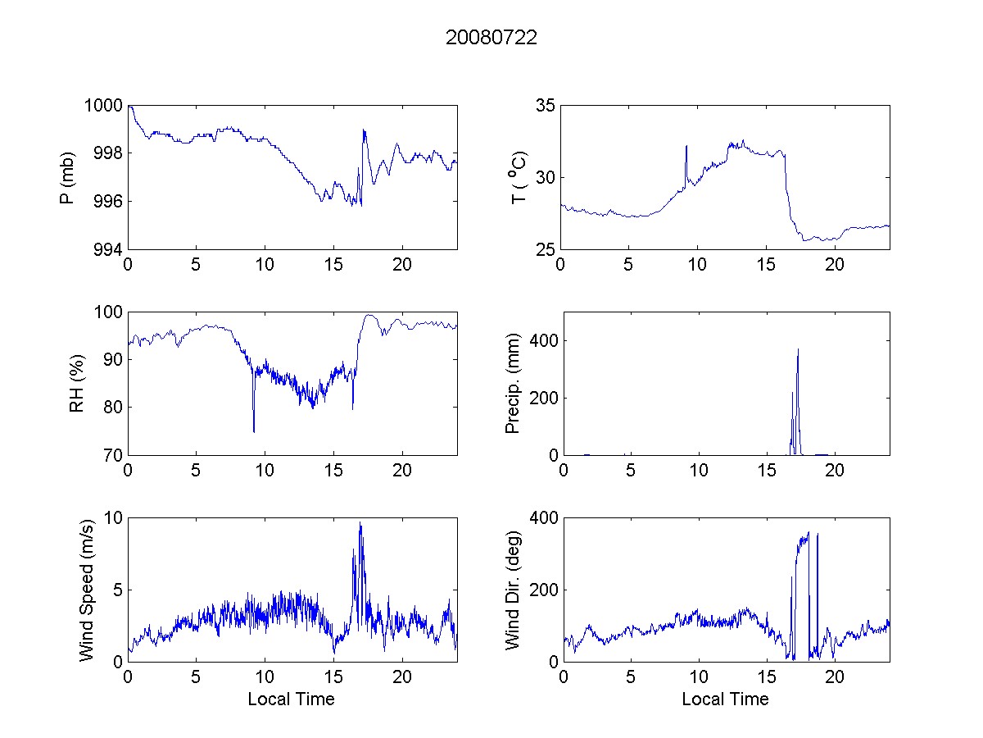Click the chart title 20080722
(491, 38)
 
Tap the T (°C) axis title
(519, 177)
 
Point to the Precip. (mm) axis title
(513, 383)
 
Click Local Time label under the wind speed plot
(291, 699)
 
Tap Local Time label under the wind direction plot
(725, 699)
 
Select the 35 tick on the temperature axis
(546, 106)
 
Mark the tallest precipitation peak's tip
(798, 349)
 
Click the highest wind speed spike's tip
(360, 523)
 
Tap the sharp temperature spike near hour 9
(686, 146)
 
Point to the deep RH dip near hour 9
(254, 431)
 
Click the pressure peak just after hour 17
(364, 130)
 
